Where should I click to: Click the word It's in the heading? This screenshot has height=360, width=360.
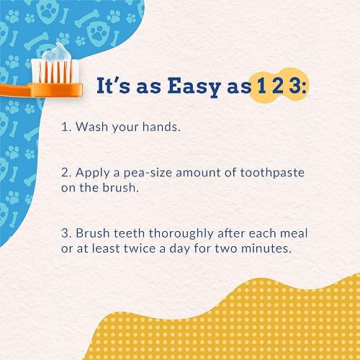tap(114, 85)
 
